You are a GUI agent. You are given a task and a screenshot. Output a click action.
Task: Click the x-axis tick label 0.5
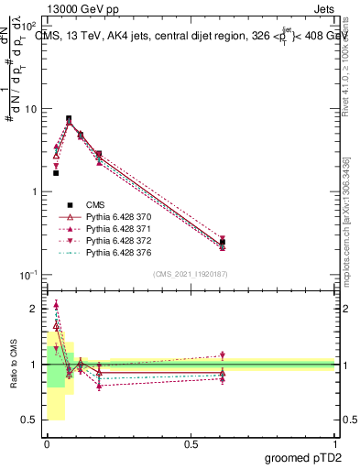pyautogui.click(x=191, y=442)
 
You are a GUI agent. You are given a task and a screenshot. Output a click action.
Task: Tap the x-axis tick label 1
pyautogui.click(x=335, y=442)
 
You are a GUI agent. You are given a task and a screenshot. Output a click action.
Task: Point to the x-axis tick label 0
pyautogui.click(x=47, y=442)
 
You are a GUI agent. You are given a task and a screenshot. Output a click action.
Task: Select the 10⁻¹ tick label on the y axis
pyautogui.click(x=28, y=275)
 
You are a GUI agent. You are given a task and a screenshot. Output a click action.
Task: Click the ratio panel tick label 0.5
pyautogui.click(x=30, y=420)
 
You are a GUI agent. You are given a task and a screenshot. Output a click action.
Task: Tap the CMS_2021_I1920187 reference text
pyautogui.click(x=191, y=274)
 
